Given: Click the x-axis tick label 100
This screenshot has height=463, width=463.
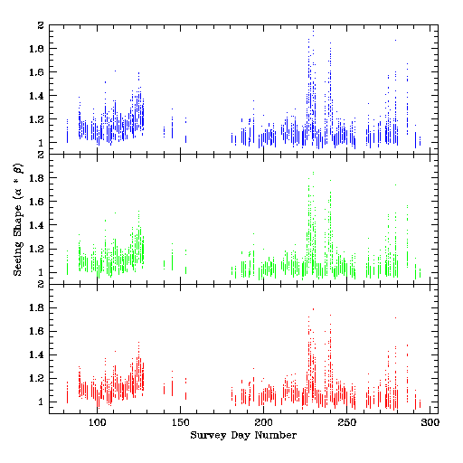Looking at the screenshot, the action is pyautogui.click(x=97, y=422).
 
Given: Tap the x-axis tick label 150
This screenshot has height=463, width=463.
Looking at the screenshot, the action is pyautogui.click(x=180, y=422).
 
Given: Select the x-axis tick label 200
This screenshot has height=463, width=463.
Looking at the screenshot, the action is pyautogui.click(x=263, y=422).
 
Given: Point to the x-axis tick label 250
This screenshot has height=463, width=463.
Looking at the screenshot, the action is pyautogui.click(x=346, y=422).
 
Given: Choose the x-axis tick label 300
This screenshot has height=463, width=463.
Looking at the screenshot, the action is pyautogui.click(x=430, y=422).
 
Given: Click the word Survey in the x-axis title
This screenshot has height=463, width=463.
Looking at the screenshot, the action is pyautogui.click(x=208, y=436).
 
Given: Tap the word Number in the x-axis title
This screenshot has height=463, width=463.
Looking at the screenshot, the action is pyautogui.click(x=276, y=435).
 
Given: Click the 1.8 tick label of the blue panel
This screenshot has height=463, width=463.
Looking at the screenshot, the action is pyautogui.click(x=36, y=49).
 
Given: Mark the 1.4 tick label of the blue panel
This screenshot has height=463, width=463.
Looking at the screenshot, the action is pyautogui.click(x=36, y=96).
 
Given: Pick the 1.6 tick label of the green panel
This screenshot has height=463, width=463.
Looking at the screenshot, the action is pyautogui.click(x=36, y=202).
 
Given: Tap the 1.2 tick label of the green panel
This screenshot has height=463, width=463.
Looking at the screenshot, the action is pyautogui.click(x=36, y=249).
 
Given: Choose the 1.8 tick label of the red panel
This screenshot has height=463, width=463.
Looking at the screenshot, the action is pyautogui.click(x=36, y=307).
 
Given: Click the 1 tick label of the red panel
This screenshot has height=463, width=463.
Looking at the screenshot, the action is pyautogui.click(x=41, y=402).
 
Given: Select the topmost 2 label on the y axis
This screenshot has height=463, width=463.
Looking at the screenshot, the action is pyautogui.click(x=41, y=25).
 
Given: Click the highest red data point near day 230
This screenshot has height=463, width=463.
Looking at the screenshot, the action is pyautogui.click(x=314, y=309).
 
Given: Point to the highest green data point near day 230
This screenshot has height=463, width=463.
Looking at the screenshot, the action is pyautogui.click(x=314, y=173).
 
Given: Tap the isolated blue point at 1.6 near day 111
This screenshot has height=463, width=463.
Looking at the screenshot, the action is pyautogui.click(x=115, y=71).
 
